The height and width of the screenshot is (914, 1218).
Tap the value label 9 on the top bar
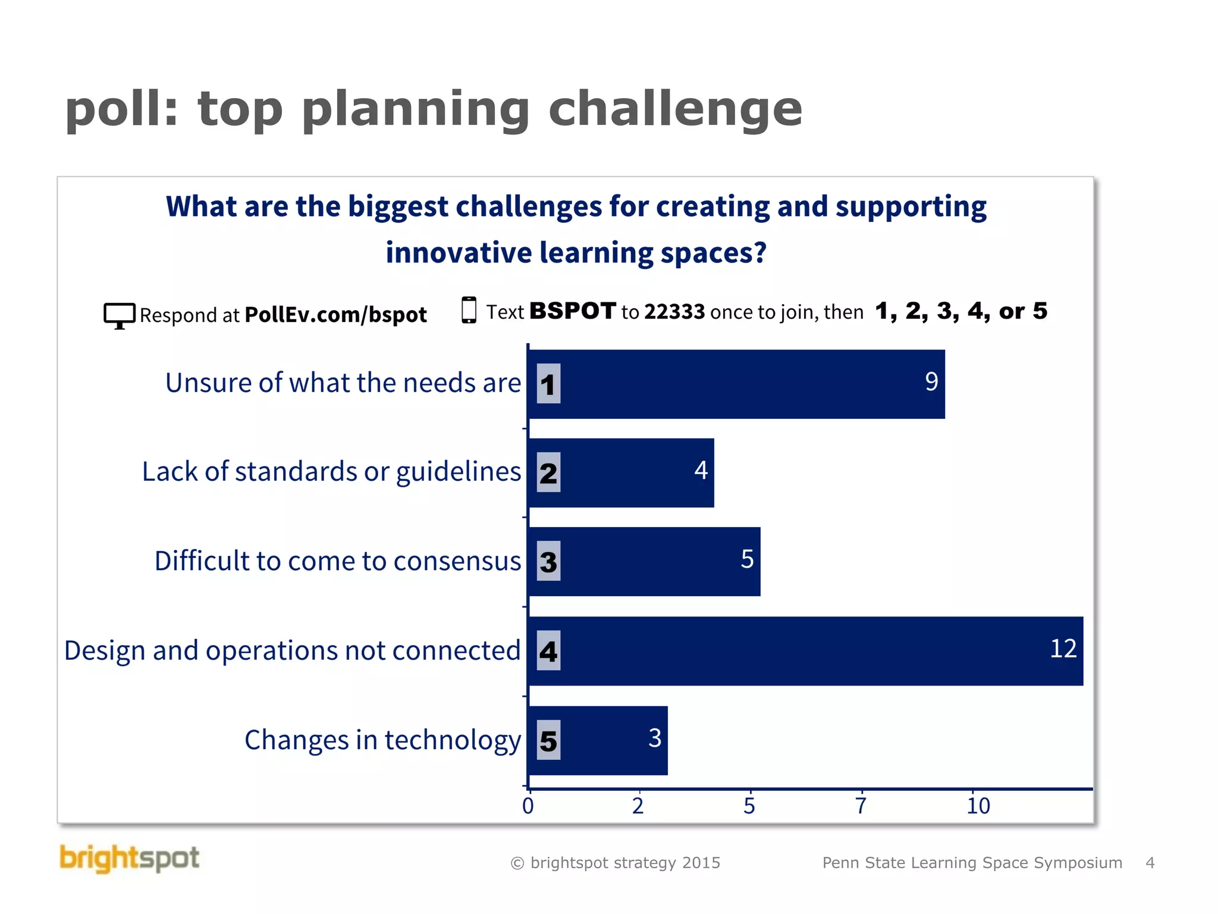[x=931, y=381]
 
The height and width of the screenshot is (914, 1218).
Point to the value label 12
[x=1063, y=649]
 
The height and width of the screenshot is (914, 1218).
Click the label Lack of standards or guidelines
[x=331, y=472]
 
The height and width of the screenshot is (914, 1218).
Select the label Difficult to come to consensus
[x=338, y=561]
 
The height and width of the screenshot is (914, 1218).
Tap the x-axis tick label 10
[x=978, y=806]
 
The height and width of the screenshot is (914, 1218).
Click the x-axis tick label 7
[x=861, y=806]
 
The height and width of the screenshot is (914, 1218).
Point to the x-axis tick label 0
[x=528, y=806]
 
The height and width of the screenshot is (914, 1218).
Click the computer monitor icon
[x=119, y=315]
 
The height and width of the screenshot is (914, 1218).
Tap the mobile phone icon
[x=469, y=310]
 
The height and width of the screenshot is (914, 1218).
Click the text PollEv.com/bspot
[x=335, y=315]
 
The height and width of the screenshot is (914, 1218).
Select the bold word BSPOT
[x=572, y=311]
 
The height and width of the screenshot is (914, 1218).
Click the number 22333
[x=674, y=312]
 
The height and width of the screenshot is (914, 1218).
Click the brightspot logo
[x=130, y=859]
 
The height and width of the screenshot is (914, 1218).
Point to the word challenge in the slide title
[x=675, y=109]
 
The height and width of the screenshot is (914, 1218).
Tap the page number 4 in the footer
[x=1150, y=863]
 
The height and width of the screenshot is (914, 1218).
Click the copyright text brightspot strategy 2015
[x=616, y=863]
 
